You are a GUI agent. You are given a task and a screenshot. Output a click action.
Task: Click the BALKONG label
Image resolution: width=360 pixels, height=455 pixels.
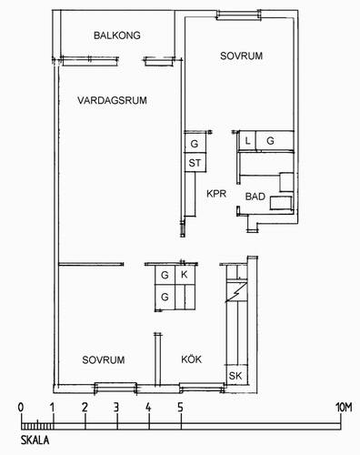click(x=117, y=35)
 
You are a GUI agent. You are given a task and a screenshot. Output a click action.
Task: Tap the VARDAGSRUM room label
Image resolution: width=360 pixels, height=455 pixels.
click(x=112, y=100)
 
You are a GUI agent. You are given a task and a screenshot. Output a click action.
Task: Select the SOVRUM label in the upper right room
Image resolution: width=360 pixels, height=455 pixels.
click(x=241, y=56)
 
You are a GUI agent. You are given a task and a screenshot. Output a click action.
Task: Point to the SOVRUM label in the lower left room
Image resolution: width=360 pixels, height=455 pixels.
click(x=104, y=360)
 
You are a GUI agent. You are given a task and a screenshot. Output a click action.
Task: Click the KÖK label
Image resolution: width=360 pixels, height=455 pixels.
click(x=191, y=359)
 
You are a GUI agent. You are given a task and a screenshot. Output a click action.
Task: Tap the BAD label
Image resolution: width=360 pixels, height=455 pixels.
click(x=255, y=197)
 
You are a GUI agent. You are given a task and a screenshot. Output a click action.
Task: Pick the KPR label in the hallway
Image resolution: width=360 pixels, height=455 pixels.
click(x=216, y=194)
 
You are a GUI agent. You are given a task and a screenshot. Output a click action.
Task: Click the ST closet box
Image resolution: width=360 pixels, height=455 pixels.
click(x=195, y=163)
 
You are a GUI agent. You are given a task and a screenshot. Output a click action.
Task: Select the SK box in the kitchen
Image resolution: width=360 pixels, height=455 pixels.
click(x=236, y=376)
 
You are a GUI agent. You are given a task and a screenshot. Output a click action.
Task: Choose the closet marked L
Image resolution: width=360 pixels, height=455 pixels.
click(x=248, y=141)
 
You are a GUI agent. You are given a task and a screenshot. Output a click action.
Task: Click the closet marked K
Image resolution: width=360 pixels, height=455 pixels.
click(x=185, y=275)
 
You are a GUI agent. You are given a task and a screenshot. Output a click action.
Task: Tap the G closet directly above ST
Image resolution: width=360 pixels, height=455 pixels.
click(x=195, y=143)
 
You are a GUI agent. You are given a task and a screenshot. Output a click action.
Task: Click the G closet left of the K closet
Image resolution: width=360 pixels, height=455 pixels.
click(x=165, y=275)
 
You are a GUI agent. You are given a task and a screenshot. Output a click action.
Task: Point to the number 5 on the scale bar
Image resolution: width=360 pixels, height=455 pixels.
click(x=180, y=407)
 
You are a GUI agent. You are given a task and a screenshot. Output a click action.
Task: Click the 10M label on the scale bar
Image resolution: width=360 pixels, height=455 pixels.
click(x=344, y=408)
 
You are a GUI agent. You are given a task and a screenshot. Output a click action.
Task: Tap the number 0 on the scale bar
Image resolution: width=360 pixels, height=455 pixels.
click(x=21, y=407)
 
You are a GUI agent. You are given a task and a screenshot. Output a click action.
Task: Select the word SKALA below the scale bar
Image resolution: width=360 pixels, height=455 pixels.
click(x=35, y=440)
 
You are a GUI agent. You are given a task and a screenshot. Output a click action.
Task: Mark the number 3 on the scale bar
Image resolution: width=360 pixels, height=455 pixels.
click(x=116, y=407)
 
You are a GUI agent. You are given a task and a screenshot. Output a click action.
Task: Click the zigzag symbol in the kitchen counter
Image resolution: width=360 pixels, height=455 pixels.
click(x=236, y=292)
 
